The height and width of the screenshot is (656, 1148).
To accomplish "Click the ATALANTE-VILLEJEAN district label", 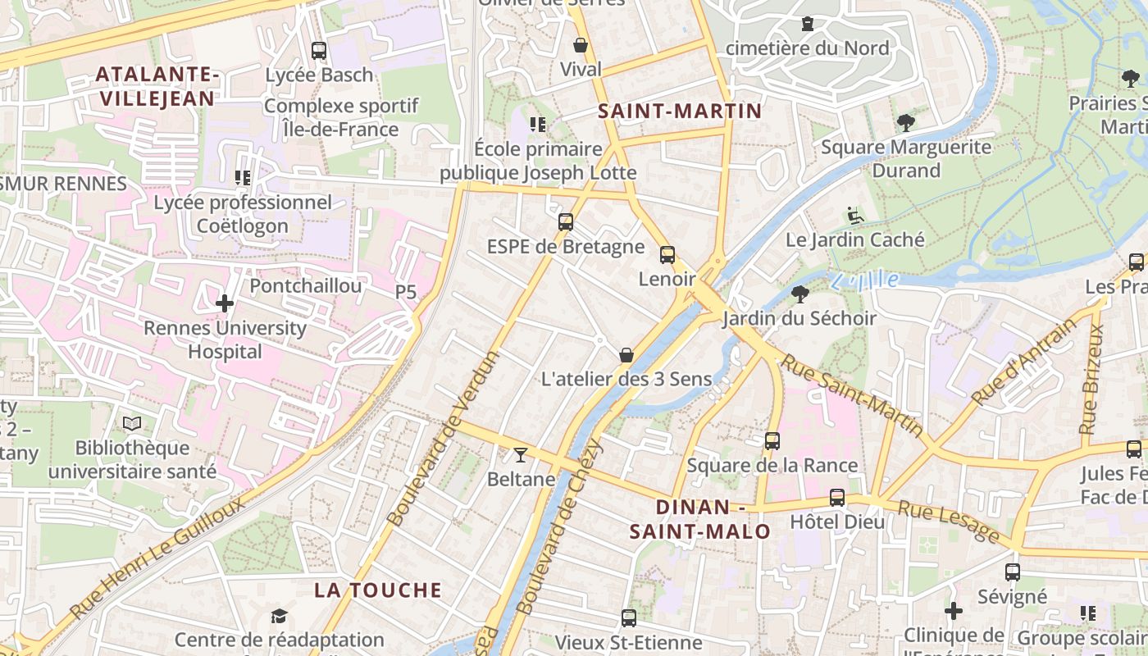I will pos(157,86).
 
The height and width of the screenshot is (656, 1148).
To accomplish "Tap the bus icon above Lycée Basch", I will pos(319,51).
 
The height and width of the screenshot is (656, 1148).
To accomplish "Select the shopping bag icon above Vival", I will pos(581,45).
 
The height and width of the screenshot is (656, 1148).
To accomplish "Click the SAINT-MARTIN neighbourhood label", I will pos(680,111).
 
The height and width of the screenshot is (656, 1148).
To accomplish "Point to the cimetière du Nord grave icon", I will pos(808,24).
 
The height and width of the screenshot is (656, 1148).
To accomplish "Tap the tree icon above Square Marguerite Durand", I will pos(906,124).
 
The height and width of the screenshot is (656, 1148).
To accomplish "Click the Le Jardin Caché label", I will pos(854,240).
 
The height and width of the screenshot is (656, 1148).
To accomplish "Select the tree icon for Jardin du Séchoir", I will pos(800,294).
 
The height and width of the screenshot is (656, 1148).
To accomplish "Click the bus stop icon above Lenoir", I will pos(667,255).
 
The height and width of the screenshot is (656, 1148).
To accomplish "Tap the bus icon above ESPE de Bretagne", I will pos(566,222).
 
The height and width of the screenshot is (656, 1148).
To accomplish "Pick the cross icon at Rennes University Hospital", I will pos(225,304).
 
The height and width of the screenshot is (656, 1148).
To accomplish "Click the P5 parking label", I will pos(406,292).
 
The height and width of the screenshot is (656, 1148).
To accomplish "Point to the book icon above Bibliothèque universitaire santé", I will pos(132,424).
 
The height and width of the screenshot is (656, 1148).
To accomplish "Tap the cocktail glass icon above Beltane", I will pos(521,455).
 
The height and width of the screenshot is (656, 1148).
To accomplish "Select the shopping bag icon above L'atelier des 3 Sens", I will pos(626,355).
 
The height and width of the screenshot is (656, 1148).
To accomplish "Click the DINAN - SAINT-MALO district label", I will pos(700,519).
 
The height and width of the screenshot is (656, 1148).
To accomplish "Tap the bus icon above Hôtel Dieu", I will pos(837,498).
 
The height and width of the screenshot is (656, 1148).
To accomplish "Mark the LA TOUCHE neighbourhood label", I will pos(378,590).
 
